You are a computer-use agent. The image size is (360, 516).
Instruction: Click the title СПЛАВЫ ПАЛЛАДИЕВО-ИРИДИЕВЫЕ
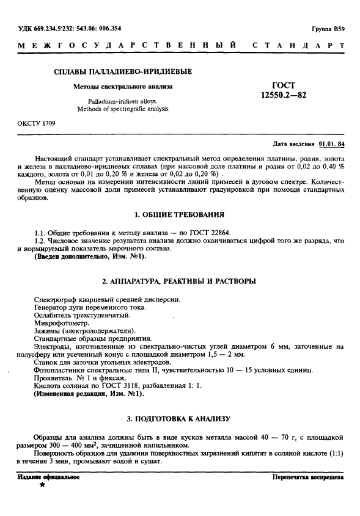123,71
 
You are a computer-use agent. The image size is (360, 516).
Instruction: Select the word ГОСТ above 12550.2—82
282,86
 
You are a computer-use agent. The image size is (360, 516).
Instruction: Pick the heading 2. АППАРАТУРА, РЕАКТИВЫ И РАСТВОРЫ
179,281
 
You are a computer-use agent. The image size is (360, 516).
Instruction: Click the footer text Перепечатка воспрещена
307,476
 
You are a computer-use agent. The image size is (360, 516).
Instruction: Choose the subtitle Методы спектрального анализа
123,87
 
